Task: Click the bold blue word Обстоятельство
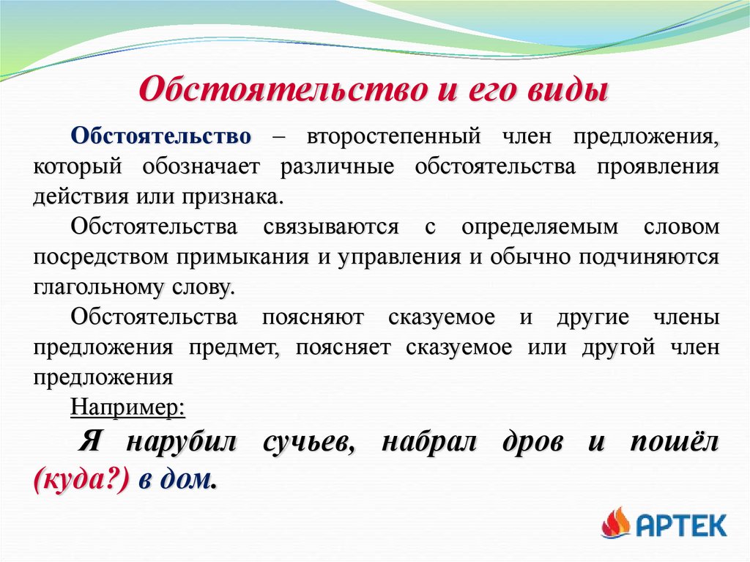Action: point(161,137)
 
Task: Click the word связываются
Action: point(330,227)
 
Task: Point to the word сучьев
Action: point(307,443)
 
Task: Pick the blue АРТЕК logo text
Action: point(681,525)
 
